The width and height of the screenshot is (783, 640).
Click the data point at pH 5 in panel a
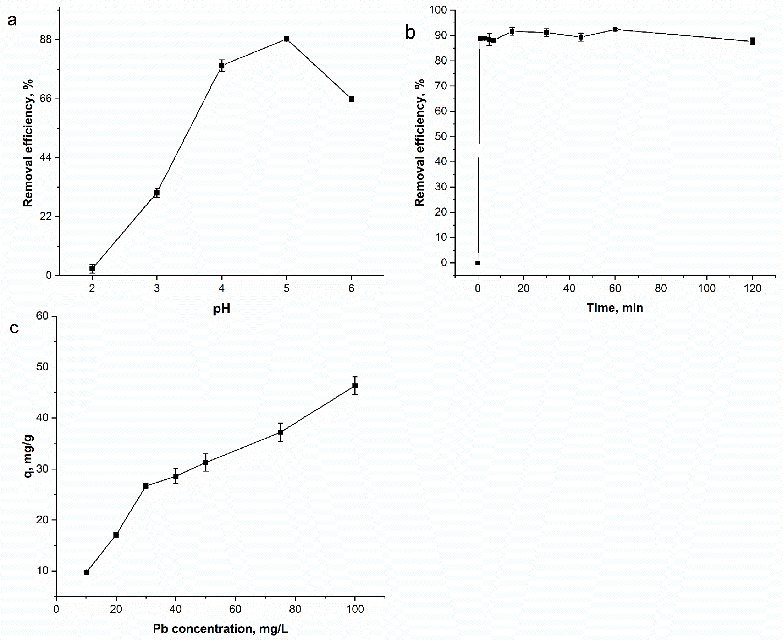click(x=286, y=39)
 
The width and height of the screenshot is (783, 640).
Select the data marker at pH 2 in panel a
click(x=92, y=269)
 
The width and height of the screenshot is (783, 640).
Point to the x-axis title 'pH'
click(x=222, y=309)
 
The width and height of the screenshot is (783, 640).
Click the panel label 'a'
click(x=12, y=21)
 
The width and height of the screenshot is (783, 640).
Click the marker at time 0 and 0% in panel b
click(x=478, y=263)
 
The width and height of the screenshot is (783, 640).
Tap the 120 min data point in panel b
click(x=752, y=41)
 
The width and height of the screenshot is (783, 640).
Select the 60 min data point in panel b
click(x=615, y=29)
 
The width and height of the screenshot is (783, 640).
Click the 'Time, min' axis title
click(x=615, y=308)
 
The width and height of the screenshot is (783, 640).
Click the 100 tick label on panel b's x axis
click(x=707, y=289)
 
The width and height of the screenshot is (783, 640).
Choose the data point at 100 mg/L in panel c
click(x=355, y=386)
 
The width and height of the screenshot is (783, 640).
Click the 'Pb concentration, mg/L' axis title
click(x=221, y=629)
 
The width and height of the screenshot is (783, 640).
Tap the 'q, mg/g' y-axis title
click(x=29, y=456)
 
